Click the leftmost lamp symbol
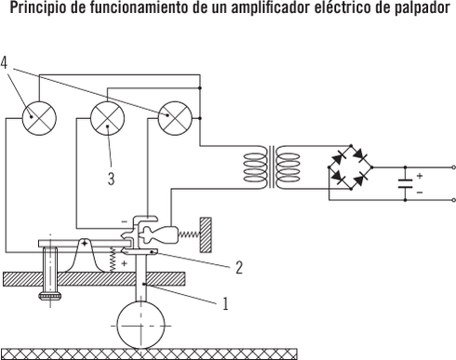(39, 117)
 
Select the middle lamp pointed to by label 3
(107, 117)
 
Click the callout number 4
(7, 63)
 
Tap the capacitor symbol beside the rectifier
(406, 182)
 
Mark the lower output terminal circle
(452, 199)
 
